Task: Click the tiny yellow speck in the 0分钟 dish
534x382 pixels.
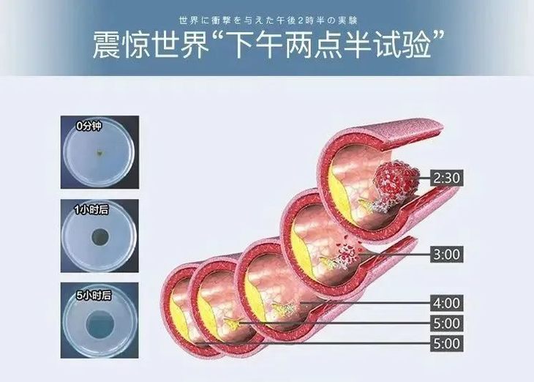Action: click(x=99, y=153)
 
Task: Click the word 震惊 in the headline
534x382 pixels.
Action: click(x=117, y=45)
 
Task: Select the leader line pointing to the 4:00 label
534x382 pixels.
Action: click(x=366, y=302)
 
